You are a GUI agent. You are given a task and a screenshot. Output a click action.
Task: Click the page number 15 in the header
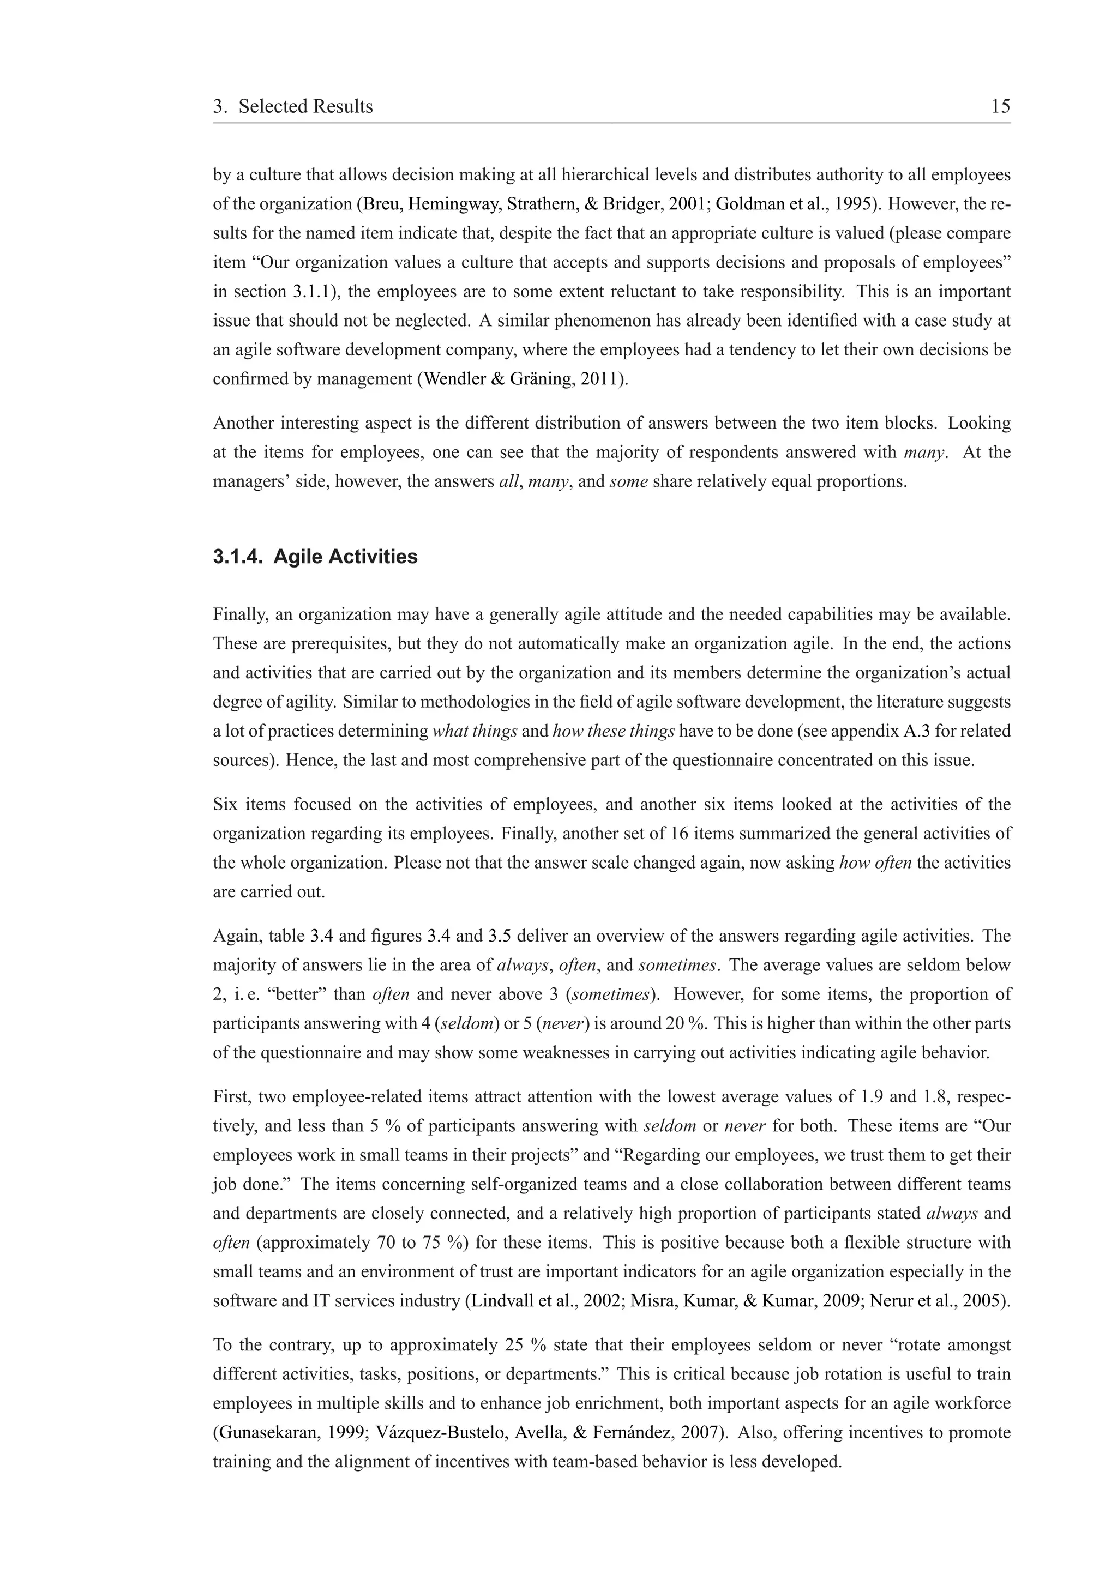click(1000, 107)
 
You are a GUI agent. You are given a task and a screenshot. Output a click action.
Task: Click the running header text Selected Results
click(305, 107)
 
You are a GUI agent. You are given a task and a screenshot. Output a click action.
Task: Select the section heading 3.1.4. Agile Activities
click(315, 556)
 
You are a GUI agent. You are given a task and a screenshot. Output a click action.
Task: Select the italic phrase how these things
click(613, 732)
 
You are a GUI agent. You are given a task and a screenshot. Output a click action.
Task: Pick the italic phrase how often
click(875, 863)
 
